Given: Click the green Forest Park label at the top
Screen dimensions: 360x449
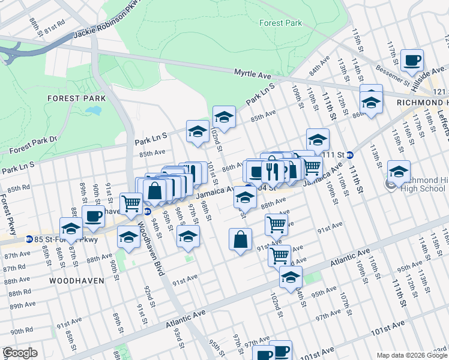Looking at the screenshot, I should tap(280, 23).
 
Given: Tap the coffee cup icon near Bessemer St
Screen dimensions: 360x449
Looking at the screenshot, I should tap(412, 61).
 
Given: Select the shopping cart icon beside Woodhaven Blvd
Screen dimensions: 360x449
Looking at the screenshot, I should tap(131, 203).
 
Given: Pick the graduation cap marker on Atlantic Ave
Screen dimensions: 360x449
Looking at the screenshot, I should tap(291, 277).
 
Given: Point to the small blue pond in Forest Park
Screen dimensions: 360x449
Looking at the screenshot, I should tap(94, 110).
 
